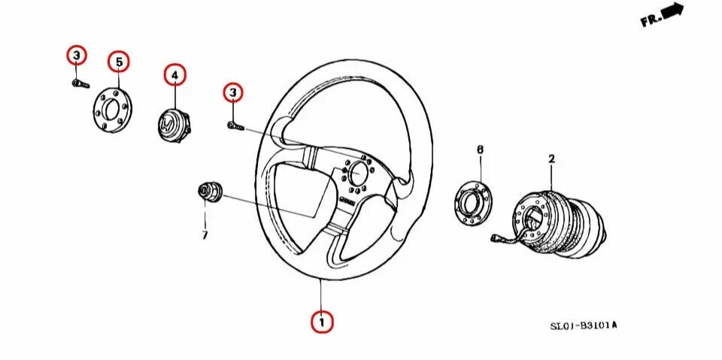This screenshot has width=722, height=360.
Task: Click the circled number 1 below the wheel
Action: [x=322, y=322]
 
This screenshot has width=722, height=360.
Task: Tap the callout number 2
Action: [x=551, y=159]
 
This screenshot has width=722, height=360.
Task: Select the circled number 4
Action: [x=174, y=75]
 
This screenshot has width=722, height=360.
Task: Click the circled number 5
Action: [x=118, y=62]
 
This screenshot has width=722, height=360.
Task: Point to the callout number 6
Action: [x=480, y=150]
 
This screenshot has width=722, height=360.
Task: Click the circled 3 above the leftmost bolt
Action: [x=76, y=55]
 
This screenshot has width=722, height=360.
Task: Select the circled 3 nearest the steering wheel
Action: [x=233, y=92]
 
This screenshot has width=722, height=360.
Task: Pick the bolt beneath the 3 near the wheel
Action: [x=235, y=127]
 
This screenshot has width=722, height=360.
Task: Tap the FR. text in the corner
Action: [x=651, y=20]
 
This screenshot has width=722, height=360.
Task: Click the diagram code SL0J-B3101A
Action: [x=583, y=326]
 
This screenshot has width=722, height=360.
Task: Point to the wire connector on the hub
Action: [x=498, y=240]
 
